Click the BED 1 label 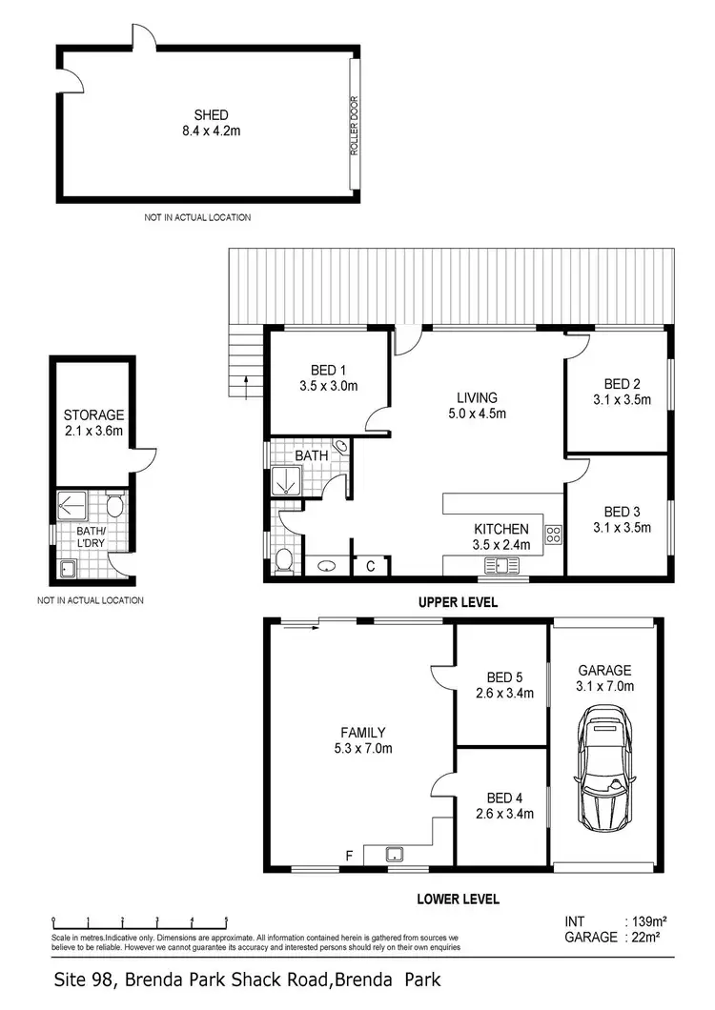pyautogui.click(x=327, y=371)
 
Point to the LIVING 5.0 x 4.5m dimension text pyautogui.click(x=478, y=414)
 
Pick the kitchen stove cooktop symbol pyautogui.click(x=553, y=535)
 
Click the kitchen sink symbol pyautogui.click(x=500, y=566)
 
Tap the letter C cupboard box pyautogui.click(x=371, y=566)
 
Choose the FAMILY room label pyautogui.click(x=363, y=733)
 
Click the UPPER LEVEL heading pyautogui.click(x=457, y=603)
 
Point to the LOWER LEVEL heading pyautogui.click(x=458, y=899)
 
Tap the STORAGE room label pyautogui.click(x=93, y=415)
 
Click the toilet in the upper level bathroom pyautogui.click(x=282, y=561)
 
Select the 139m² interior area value pyautogui.click(x=645, y=922)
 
